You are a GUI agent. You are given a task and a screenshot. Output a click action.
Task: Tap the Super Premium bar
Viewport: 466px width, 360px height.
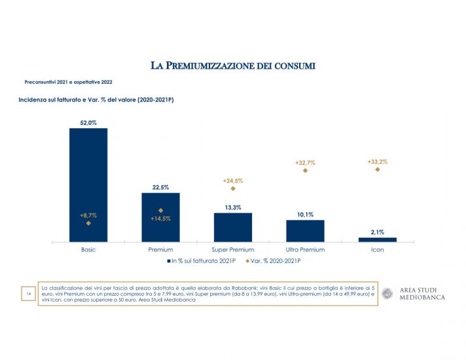click(232, 227)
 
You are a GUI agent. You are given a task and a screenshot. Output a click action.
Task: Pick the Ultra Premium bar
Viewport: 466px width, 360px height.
click(305, 230)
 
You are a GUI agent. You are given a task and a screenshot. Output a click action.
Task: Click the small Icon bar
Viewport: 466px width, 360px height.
click(377, 240)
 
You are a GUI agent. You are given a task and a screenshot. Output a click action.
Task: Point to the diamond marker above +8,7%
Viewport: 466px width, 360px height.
click(88, 223)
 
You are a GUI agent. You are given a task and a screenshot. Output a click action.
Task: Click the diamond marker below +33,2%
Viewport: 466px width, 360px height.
click(378, 170)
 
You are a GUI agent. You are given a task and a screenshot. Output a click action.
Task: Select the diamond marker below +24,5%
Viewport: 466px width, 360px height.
click(233, 189)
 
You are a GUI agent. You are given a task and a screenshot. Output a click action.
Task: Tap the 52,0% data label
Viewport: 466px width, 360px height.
click(88, 122)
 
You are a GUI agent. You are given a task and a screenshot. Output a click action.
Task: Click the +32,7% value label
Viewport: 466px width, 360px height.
click(305, 162)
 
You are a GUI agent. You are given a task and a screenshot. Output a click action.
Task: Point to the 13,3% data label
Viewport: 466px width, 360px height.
click(233, 207)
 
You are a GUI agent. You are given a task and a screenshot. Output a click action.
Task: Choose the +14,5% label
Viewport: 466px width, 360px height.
click(160, 219)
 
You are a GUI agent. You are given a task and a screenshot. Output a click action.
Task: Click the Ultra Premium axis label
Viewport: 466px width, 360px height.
click(305, 250)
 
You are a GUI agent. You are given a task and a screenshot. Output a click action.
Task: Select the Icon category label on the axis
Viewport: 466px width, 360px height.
click(377, 250)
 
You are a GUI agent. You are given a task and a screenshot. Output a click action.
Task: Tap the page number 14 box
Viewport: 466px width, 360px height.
click(29, 294)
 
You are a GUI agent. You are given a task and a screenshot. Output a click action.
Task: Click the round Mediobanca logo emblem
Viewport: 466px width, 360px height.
click(388, 294)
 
